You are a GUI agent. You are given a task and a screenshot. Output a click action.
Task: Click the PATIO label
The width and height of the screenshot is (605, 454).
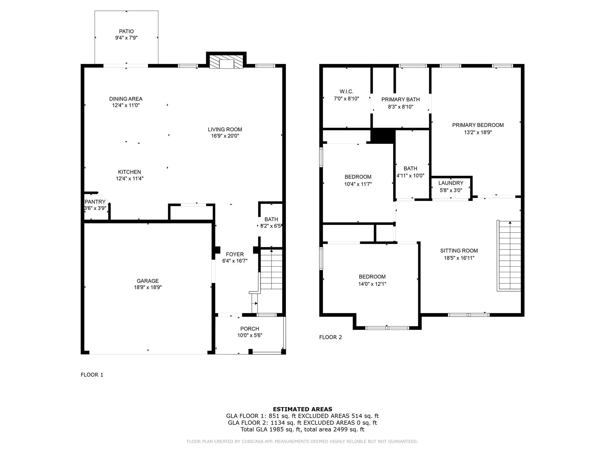coord(126,31)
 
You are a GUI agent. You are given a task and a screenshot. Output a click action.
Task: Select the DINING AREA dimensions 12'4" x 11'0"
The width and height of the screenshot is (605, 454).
coord(126,106)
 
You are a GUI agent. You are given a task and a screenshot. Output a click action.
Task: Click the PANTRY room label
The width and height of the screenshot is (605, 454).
coord(95,202)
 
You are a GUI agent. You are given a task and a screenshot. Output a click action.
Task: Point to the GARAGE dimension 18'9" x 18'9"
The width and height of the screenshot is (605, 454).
coord(147,287)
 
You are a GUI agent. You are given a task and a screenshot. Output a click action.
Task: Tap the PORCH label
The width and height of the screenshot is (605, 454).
coord(250,329)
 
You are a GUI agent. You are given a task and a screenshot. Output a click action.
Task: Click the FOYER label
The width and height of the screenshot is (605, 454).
coord(235,254)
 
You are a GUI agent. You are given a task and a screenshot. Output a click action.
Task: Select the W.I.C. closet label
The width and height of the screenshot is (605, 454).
coord(346,92)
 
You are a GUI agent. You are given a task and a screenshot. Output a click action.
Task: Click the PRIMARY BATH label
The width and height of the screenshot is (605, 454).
coord(400,100)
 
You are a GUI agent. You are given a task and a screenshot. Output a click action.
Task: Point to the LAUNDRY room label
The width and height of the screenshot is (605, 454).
coord(451,183)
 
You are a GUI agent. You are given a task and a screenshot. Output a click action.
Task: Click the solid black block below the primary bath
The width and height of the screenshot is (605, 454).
coord(383,136)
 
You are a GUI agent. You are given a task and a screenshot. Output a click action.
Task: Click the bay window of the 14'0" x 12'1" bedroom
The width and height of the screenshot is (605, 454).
coord(387,328)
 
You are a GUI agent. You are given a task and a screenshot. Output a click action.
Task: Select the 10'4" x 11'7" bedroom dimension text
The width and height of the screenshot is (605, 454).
coord(358,184)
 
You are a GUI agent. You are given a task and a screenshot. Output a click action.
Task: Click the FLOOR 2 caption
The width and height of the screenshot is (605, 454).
coord(330,337)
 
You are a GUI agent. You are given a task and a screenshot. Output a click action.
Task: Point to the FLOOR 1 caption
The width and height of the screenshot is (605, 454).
coord(92,375)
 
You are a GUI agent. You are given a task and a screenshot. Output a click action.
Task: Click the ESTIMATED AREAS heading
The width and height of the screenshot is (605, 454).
coord(302,409)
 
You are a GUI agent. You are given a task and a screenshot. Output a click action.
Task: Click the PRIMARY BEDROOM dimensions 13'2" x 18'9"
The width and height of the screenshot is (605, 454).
coord(478,132)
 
